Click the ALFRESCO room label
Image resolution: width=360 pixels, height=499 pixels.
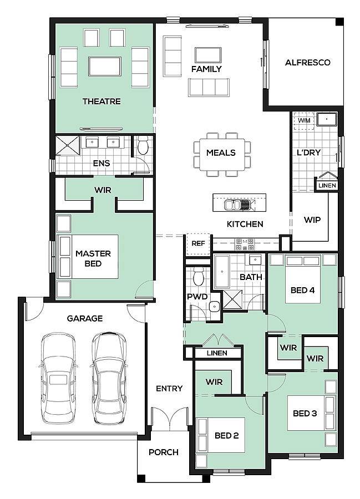coord(307,62)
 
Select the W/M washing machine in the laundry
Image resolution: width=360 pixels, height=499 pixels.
coord(304,121)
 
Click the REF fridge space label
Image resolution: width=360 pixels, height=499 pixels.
coord(198,243)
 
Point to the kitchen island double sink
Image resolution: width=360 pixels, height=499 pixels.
coord(239,204)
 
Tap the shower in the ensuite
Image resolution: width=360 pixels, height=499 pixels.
coord(68,146)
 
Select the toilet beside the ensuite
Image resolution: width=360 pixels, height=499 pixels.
coord(143,146)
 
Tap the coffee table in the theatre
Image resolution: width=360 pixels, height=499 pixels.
coord(105,67)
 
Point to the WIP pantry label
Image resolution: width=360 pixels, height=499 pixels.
coord(312,220)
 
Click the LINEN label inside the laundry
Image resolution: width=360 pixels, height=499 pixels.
coord(327,185)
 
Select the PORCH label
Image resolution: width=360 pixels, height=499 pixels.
coord(164,452)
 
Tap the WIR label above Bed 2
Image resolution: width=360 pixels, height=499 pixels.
coord(214,382)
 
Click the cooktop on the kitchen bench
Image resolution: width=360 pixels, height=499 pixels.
coord(245,244)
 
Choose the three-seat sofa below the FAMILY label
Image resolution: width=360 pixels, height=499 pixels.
coord(209,87)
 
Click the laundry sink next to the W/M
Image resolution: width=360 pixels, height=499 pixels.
coord(327,120)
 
